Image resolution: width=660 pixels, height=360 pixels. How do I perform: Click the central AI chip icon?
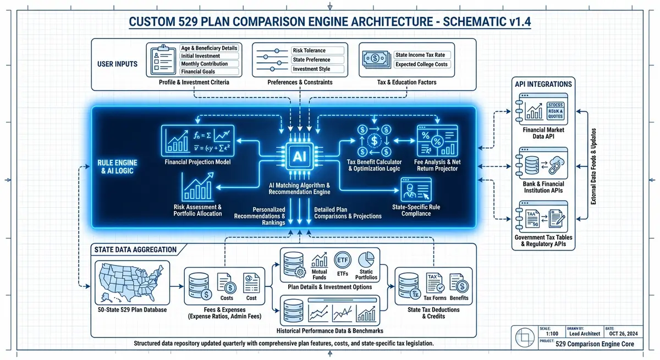click(x=299, y=156)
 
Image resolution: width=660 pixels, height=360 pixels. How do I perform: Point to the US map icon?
click(x=128, y=280)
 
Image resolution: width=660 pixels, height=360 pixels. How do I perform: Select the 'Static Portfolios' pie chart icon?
click(x=366, y=259)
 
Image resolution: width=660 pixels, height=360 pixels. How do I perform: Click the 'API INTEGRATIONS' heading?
click(x=543, y=84)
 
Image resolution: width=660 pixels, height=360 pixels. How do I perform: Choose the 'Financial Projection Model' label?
click(x=197, y=163)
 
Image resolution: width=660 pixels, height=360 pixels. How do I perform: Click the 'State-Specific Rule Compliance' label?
click(x=416, y=210)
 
